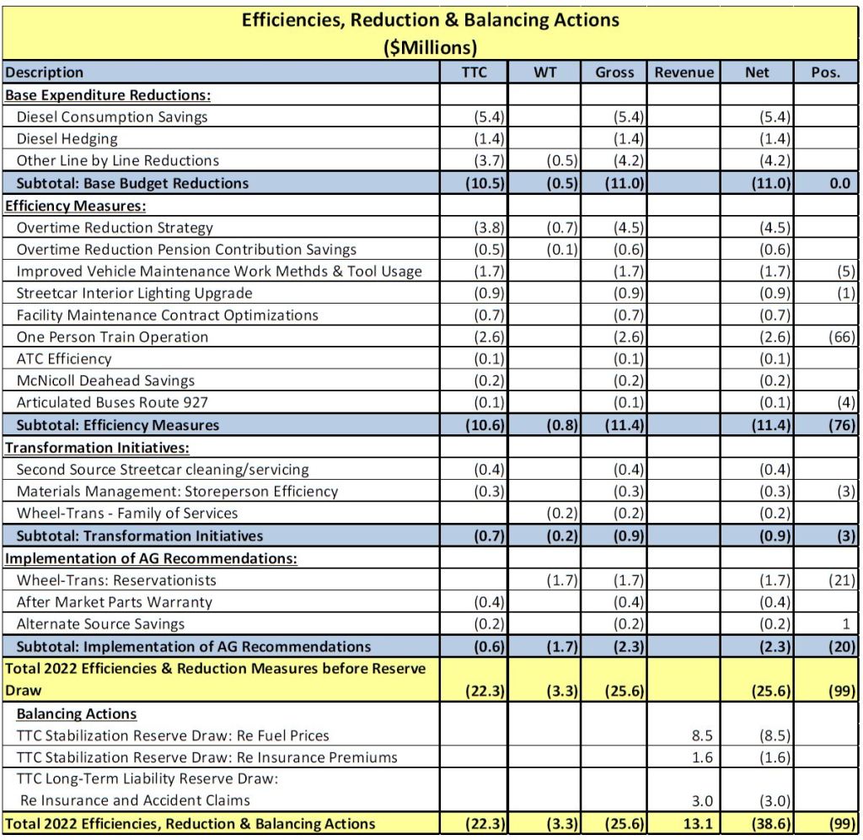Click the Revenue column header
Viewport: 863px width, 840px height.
point(683,73)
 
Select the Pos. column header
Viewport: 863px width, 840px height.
point(825,73)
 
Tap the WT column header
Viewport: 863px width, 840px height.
point(545,73)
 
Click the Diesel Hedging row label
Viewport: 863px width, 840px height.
point(67,139)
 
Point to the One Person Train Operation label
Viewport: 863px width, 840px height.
point(112,337)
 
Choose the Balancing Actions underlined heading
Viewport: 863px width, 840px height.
point(77,713)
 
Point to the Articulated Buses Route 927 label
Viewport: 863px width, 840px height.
point(112,403)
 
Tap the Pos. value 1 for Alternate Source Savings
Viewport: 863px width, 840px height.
point(850,624)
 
